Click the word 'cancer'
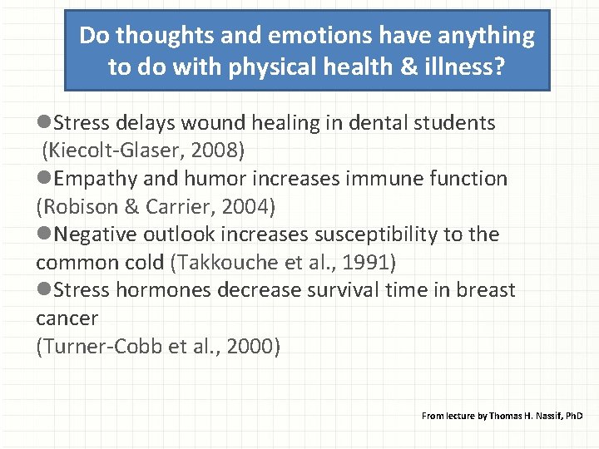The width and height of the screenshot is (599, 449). point(67,318)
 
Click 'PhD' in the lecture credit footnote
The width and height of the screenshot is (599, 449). point(575,415)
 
